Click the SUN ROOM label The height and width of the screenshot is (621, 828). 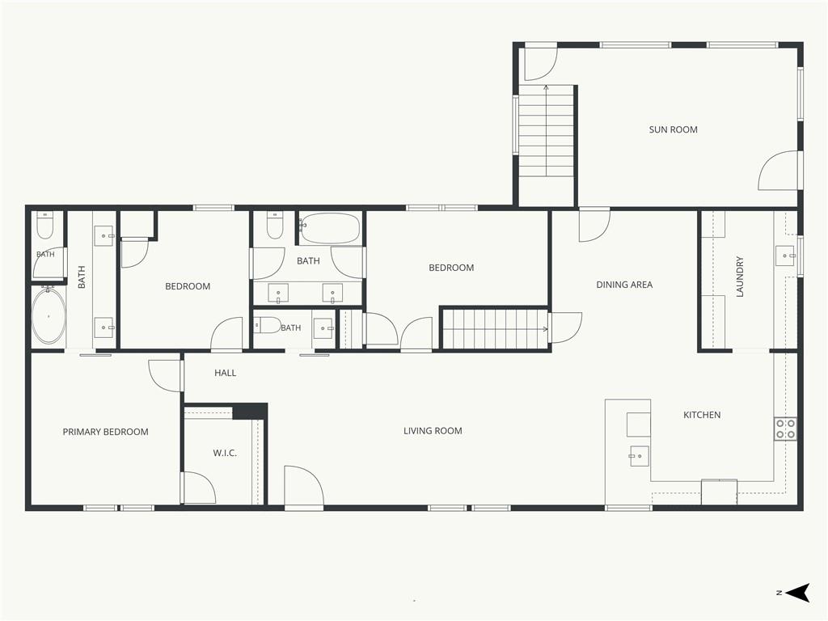click(673, 129)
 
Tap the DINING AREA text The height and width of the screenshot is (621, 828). click(624, 285)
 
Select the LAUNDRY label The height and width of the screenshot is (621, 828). click(739, 277)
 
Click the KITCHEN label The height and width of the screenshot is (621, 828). click(702, 415)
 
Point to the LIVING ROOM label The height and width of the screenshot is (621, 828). click(433, 431)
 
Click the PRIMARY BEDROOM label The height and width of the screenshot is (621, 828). click(105, 432)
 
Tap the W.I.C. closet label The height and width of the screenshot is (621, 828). click(225, 453)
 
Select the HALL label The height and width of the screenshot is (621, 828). click(225, 373)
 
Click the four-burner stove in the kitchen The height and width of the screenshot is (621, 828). click(785, 429)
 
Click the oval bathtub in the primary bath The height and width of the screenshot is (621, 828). click(49, 316)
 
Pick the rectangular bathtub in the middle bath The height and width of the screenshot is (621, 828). click(330, 228)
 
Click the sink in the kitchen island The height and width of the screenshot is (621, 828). click(639, 456)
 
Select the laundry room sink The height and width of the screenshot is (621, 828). click(785, 256)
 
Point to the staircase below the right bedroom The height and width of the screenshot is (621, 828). click(494, 328)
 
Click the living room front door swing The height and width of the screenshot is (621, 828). click(303, 486)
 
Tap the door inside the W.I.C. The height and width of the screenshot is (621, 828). click(199, 488)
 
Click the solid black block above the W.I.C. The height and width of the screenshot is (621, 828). click(250, 411)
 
